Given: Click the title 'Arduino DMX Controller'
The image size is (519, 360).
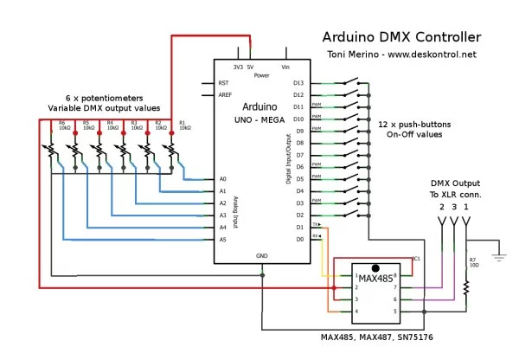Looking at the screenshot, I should (x=401, y=37).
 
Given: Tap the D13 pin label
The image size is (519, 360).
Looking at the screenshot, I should (x=298, y=83).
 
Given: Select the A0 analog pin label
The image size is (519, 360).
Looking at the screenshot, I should (x=222, y=179).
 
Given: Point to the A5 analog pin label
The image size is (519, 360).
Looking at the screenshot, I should (x=222, y=239).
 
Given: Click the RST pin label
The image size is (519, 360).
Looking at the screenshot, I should (x=223, y=83).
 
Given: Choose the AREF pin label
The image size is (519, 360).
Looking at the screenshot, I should (x=225, y=95).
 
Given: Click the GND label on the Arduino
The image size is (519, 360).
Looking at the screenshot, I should (x=262, y=256).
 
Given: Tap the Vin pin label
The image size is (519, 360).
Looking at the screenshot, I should (x=285, y=66).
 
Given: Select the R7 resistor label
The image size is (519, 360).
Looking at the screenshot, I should (x=472, y=260).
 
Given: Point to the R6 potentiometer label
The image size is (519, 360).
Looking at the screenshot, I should (x=62, y=123).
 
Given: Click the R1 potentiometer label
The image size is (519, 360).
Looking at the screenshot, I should (x=183, y=123).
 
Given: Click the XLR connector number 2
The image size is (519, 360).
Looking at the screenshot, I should (x=441, y=207).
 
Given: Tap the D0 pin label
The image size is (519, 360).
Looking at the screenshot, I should (x=299, y=239).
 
